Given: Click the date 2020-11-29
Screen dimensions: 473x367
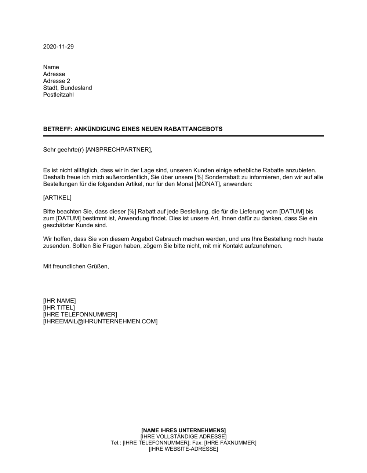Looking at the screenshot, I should tap(58, 47).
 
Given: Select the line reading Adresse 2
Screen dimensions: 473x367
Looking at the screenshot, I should tap(57, 81).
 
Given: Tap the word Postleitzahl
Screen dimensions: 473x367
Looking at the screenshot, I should tap(58, 95).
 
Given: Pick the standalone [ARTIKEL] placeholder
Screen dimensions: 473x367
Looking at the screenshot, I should tap(57, 198).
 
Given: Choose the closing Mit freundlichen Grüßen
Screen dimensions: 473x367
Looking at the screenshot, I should tap(76, 266).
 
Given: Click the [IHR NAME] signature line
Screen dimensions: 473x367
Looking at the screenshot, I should tap(59, 301).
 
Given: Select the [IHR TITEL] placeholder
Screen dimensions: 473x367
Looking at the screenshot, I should tap(59, 308).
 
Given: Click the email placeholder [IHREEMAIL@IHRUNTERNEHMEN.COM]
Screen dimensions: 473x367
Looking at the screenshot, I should tap(100, 322).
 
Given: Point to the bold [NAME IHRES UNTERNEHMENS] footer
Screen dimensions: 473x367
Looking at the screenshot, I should tap(183, 430).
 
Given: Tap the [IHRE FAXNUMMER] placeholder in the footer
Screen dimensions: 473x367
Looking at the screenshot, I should tap(230, 443).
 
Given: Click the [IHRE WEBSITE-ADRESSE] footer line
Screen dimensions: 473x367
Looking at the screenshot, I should tap(183, 449).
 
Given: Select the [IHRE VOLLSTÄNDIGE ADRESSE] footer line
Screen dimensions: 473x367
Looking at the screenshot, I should tap(183, 436).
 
